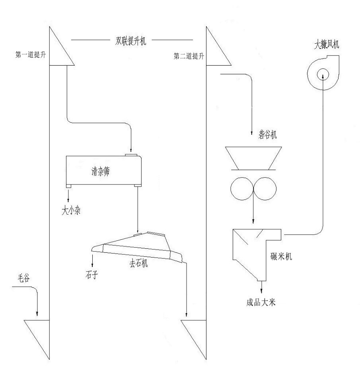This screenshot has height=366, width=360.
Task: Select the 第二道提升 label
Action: click(x=189, y=56)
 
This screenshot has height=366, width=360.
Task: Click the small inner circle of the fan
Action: click(x=323, y=74)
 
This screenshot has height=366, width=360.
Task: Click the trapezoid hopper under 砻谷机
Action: click(x=253, y=157)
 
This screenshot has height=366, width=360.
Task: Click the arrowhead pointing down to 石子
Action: click(x=93, y=265)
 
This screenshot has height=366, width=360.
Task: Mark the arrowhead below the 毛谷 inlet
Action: click(x=37, y=314)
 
